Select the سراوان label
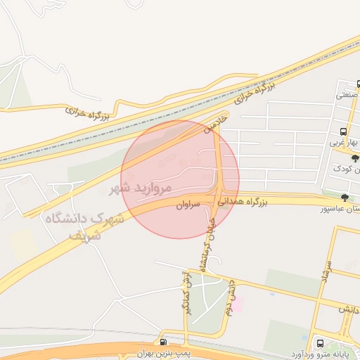(188, 205)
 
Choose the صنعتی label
(347, 94)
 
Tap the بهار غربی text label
(344, 143)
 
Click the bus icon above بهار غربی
(343, 131)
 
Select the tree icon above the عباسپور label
(344, 198)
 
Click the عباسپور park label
(341, 209)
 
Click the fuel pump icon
(164, 342)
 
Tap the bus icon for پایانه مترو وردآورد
(321, 343)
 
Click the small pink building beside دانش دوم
(238, 304)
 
